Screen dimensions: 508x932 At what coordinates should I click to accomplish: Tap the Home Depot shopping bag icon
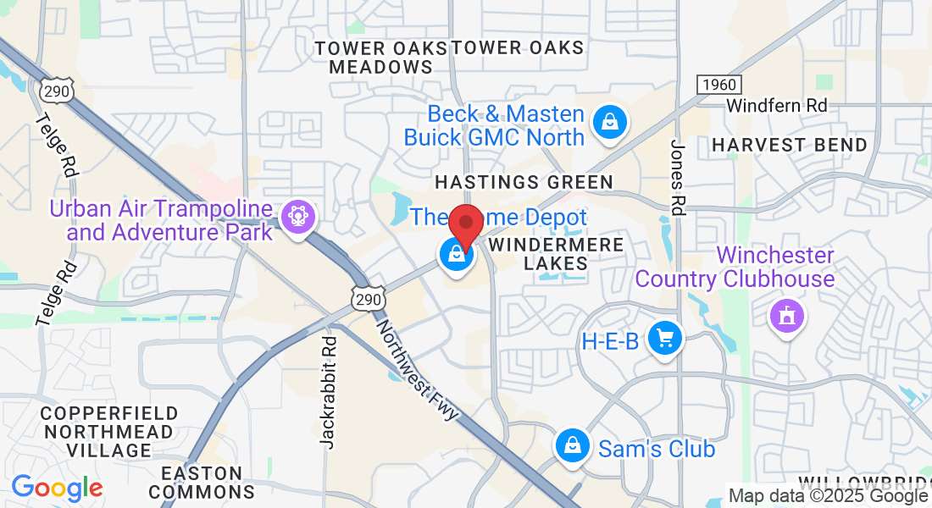[456, 253]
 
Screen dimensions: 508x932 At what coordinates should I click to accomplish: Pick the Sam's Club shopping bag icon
[572, 445]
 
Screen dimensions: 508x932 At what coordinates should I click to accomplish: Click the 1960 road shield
[718, 84]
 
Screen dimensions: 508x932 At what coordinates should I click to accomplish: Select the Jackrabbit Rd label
[329, 390]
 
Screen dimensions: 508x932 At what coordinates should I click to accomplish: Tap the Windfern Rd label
[777, 106]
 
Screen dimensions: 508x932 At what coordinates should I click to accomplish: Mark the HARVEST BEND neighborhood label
[790, 146]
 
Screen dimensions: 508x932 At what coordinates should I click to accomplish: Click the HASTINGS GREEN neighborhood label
[524, 182]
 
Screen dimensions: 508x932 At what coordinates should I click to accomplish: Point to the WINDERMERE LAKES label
[557, 254]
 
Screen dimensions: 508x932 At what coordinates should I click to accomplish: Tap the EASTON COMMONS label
[202, 483]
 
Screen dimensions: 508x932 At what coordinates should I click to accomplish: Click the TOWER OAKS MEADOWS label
[381, 58]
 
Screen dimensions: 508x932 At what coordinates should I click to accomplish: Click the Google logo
[57, 488]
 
